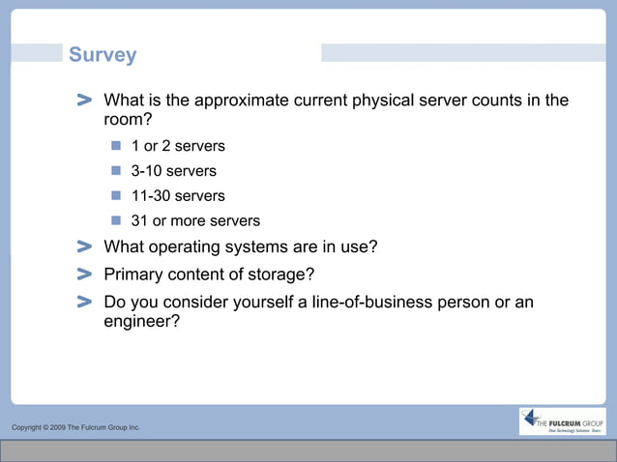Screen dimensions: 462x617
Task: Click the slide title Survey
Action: click(103, 55)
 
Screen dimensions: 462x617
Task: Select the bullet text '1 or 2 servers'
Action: click(178, 146)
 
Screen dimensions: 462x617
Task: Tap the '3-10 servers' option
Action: click(173, 171)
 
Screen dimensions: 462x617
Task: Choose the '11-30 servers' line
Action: click(178, 196)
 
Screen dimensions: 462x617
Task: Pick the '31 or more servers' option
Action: click(195, 221)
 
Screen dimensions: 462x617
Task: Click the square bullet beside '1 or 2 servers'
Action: click(116, 146)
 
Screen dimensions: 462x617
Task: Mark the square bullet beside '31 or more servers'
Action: click(116, 221)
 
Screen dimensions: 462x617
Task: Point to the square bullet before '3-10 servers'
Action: click(116, 171)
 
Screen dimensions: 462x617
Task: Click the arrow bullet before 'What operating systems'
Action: click(84, 247)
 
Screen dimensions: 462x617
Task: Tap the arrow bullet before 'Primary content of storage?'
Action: click(84, 274)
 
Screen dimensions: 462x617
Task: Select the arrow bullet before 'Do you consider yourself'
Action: click(84, 303)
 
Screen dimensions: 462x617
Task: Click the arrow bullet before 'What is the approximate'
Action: click(84, 101)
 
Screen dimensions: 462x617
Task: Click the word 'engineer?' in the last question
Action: click(141, 323)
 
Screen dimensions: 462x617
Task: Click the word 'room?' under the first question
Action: click(128, 121)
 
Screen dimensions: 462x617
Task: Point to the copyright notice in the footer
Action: click(75, 427)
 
